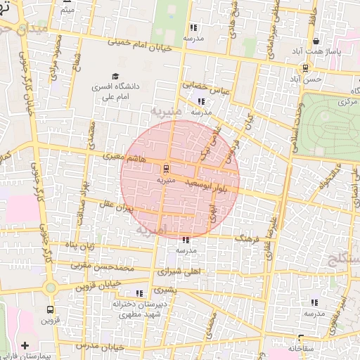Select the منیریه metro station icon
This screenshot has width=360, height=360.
click(166, 169)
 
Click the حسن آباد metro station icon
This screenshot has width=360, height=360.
click(304, 68)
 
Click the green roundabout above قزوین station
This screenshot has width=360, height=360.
click(50, 287)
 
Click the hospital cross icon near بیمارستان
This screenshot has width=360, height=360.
click(25, 345)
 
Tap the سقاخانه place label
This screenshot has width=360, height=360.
click(298, 348)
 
